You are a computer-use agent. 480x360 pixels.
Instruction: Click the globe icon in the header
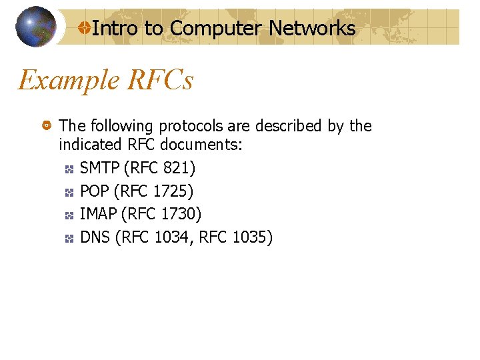coord(36,27)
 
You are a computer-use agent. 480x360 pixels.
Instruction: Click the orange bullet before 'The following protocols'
coord(47,126)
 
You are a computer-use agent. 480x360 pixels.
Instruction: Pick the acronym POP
coord(95,192)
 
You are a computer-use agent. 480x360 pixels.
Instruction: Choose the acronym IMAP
coord(99,214)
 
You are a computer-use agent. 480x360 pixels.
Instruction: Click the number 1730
coord(177,214)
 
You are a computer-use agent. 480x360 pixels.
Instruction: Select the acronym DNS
coord(95,237)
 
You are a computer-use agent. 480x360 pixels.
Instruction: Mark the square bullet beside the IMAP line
coord(69,215)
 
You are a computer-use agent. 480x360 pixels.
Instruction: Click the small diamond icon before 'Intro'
coord(84,28)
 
